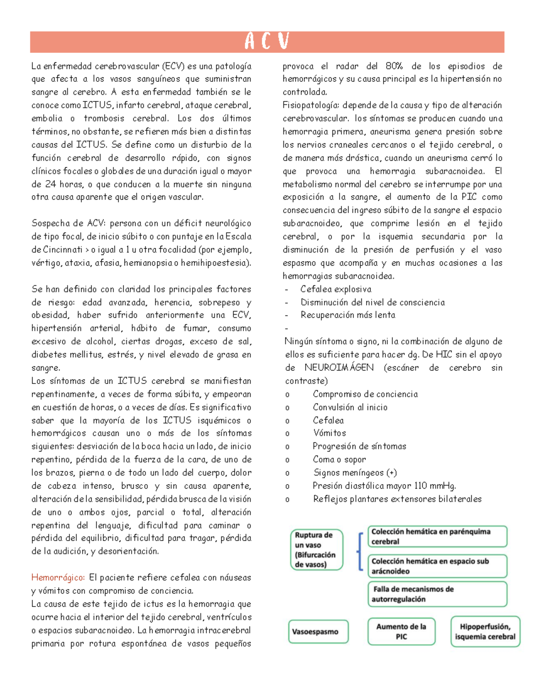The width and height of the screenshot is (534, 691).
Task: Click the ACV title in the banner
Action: (x=267, y=42)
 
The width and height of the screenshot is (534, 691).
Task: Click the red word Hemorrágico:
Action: (x=58, y=578)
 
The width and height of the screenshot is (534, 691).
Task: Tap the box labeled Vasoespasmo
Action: (x=318, y=631)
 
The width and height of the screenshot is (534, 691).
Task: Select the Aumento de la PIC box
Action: (x=401, y=631)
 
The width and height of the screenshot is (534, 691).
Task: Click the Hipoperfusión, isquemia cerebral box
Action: (x=485, y=631)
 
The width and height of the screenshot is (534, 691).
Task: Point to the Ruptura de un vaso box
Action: (x=316, y=550)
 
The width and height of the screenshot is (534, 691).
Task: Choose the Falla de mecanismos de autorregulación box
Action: (x=437, y=594)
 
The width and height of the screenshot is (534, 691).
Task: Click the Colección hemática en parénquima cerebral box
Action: (x=437, y=537)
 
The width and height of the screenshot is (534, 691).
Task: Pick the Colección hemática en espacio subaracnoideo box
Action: (x=437, y=566)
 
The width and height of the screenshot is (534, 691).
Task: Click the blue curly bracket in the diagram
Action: (x=359, y=551)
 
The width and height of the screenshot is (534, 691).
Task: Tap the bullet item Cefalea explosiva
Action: (x=336, y=289)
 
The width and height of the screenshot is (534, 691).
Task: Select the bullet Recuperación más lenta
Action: (x=348, y=315)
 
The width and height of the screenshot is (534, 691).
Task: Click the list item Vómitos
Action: (x=329, y=433)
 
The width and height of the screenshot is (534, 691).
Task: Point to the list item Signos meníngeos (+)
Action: (x=355, y=473)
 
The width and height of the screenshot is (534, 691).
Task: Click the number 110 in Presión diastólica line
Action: (x=421, y=485)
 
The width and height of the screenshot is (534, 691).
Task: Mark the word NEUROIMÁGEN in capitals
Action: (x=339, y=368)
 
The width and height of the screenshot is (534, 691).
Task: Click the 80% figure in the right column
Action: (x=394, y=66)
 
